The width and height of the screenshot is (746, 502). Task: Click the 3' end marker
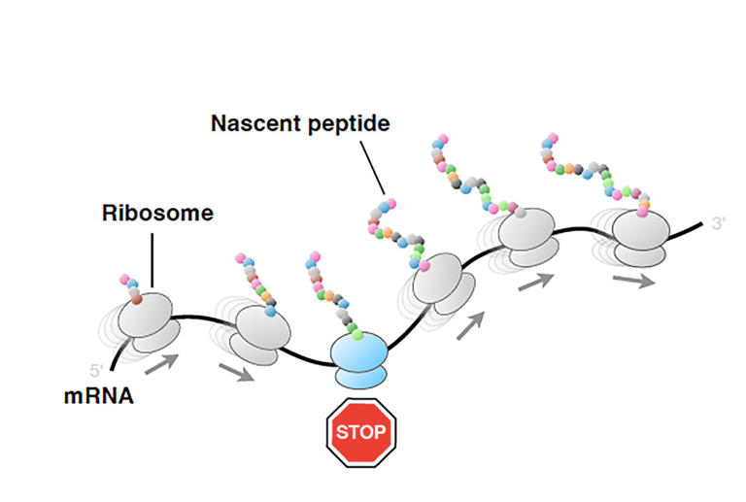point(719,224)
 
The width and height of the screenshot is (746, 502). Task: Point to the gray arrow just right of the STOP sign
point(469,326)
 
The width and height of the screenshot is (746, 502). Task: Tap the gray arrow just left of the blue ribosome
point(236,371)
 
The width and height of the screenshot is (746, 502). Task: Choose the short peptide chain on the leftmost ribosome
point(132,288)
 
